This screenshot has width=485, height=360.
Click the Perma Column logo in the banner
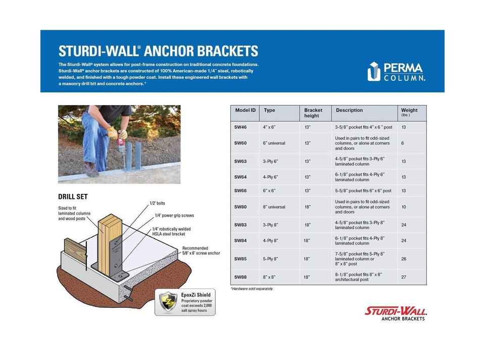[396, 71]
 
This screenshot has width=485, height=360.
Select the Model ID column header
[246, 110]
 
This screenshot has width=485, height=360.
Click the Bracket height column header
[313, 113]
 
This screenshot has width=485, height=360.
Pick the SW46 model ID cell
[240, 127]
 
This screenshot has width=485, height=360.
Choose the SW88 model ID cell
[240, 277]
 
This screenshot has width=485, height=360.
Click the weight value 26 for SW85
[404, 259]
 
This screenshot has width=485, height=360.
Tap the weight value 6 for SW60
[403, 143]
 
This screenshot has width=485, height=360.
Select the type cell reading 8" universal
[274, 207]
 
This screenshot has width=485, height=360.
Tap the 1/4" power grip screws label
[173, 216]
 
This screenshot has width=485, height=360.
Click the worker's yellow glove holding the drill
[112, 132]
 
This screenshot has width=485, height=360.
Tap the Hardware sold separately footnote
[252, 288]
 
